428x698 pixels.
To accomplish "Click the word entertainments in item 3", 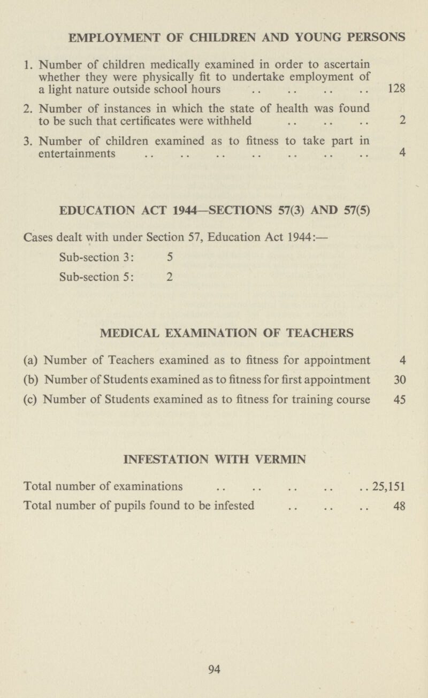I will coord(77,154).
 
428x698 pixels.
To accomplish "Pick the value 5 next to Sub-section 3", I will coord(169,257).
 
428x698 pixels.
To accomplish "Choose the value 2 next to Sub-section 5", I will coord(169,277).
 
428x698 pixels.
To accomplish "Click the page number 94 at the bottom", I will coord(215,667).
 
